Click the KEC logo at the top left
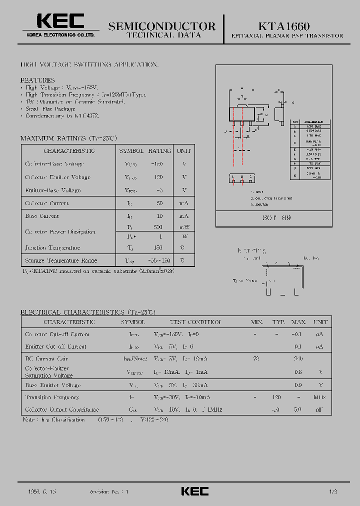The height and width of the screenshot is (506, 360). [x=60, y=21]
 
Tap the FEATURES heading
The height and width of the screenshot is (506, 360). [x=37, y=80]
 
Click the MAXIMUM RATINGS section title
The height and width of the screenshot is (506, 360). [x=68, y=138]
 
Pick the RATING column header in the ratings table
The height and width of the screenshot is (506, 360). [x=160, y=150]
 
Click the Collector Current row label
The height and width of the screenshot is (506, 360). [x=47, y=203]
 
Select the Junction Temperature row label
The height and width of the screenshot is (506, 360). [x=52, y=247]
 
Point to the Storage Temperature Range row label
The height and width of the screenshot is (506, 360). [x=61, y=260]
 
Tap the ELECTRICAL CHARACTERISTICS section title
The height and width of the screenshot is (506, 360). [x=87, y=312]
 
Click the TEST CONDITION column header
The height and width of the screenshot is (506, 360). [x=195, y=322]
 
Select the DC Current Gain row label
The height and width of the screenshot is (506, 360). [x=47, y=358]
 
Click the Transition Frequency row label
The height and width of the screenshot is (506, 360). [x=52, y=397]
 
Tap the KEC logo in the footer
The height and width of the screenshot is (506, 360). [x=194, y=491]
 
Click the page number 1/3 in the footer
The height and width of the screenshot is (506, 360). [x=333, y=492]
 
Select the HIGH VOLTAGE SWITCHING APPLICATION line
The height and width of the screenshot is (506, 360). [x=89, y=65]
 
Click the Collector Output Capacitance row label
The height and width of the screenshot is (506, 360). [x=62, y=409]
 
